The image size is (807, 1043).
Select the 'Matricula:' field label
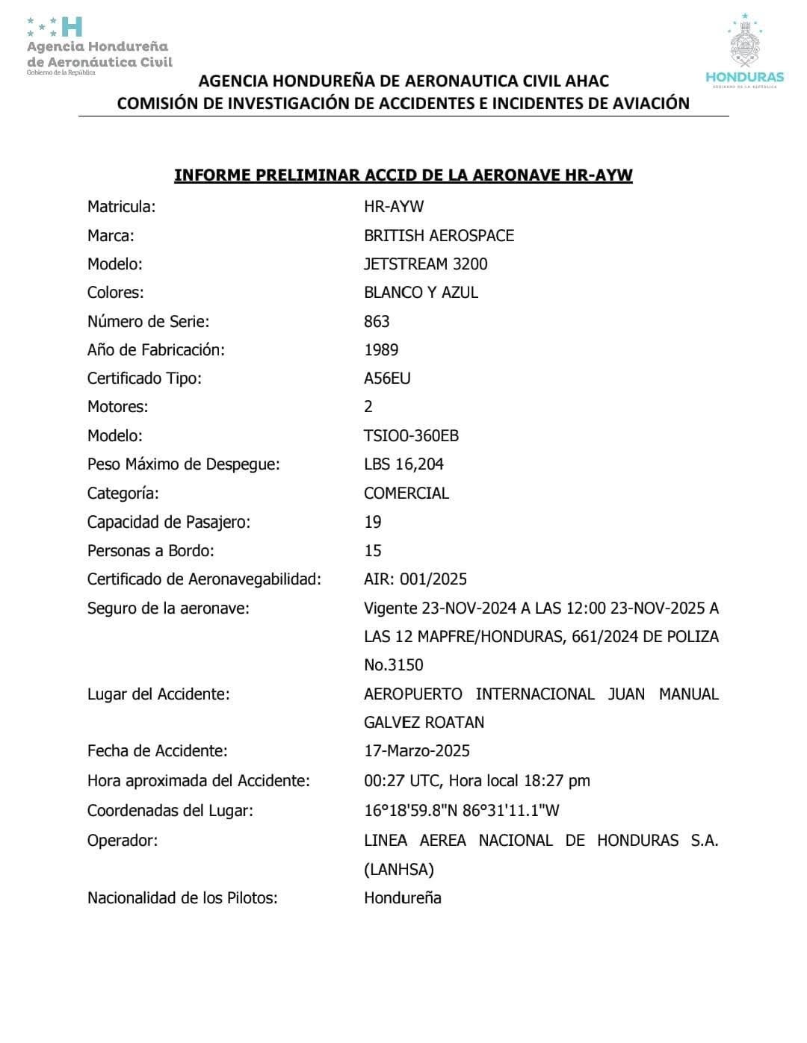click(x=121, y=207)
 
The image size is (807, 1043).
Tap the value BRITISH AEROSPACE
click(x=439, y=236)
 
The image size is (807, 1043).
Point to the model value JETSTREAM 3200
click(x=425, y=264)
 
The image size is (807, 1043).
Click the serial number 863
click(x=377, y=322)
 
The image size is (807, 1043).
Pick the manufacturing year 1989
click(x=381, y=350)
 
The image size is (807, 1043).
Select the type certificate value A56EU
click(x=387, y=379)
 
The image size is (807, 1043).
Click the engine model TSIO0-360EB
click(x=411, y=436)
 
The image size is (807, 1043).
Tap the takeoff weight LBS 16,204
click(x=403, y=464)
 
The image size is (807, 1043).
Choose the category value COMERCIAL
click(x=406, y=494)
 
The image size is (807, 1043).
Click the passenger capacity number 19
click(x=373, y=523)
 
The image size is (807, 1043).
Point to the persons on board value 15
click(x=373, y=551)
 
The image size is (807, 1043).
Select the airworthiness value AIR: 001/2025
click(x=415, y=579)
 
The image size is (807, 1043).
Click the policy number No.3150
click(x=394, y=665)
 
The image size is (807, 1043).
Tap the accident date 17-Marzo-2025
click(x=417, y=751)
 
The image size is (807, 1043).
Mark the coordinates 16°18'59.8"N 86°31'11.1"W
click(x=462, y=811)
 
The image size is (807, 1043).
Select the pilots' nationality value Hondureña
click(x=403, y=898)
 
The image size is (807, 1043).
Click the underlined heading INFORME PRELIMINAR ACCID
click(x=403, y=175)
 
